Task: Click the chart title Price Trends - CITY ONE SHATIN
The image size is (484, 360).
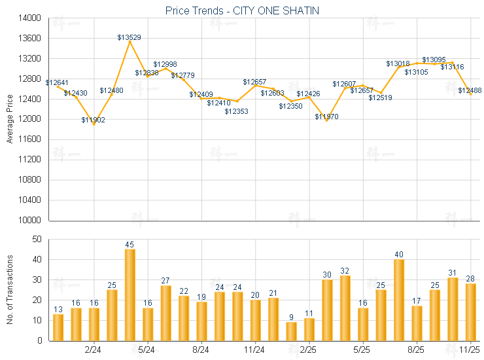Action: click(241, 10)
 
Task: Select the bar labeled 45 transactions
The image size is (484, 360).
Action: click(130, 295)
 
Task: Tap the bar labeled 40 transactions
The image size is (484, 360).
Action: click(399, 300)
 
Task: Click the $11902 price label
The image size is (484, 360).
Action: click(93, 120)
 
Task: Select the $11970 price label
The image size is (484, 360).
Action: click(326, 117)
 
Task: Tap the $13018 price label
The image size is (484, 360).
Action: click(398, 63)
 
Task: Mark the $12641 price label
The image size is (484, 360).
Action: click(58, 82)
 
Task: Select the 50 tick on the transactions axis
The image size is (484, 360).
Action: click(36, 240)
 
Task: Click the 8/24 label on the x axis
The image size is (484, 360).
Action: click(201, 350)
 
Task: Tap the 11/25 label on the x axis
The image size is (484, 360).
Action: click(470, 350)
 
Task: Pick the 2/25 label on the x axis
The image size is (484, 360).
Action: click(309, 350)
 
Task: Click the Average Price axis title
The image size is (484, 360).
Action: click(9, 119)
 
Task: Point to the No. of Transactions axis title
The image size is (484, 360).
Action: click(9, 289)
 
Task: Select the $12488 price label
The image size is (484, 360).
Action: click(470, 90)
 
